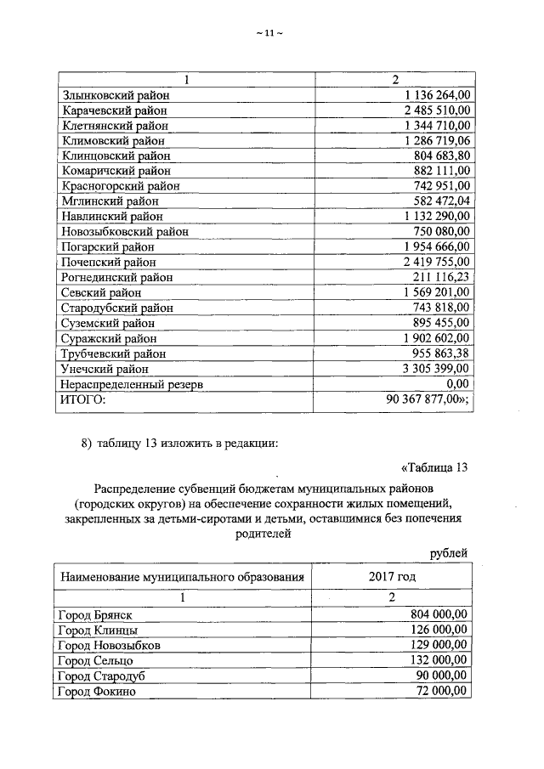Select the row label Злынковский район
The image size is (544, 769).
tap(115, 95)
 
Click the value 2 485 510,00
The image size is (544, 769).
tap(437, 110)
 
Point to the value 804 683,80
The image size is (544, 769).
tap(443, 155)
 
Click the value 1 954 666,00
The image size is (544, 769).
tap(437, 246)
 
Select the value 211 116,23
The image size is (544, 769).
tap(443, 277)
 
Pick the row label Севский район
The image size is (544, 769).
tap(101, 292)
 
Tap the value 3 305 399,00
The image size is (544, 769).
tap(437, 369)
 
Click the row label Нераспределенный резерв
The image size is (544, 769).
tap(133, 384)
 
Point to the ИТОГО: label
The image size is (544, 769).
tap(82, 399)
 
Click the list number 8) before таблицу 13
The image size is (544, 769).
tap(86, 440)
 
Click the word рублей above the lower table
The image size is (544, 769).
tap(448, 553)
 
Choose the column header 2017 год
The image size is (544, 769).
tap(392, 577)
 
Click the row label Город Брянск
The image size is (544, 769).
tap(94, 614)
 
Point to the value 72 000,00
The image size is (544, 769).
tap(443, 691)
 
